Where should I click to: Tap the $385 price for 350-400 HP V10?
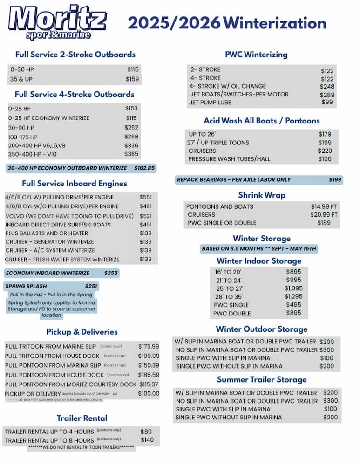pos(132,154)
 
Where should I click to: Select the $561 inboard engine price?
pos(145,197)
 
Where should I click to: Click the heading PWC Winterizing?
pos(256,55)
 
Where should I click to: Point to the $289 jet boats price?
pos(327,95)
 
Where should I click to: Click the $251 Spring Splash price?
pos(91,286)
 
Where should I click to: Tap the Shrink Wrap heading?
pos(262,195)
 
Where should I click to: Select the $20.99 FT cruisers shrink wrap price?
pos(324,215)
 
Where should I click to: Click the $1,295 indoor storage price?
pos(293,296)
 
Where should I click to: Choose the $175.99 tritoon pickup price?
pos(149,346)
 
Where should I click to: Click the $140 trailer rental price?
pos(147,440)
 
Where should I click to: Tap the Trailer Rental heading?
pos(82,418)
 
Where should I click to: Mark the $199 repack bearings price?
pos(335,180)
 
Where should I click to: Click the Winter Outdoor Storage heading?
pos(262,329)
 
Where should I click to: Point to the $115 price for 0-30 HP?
pos(133,69)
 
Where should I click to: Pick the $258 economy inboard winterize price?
pos(111,273)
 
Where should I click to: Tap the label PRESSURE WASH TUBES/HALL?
pos(229,159)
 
